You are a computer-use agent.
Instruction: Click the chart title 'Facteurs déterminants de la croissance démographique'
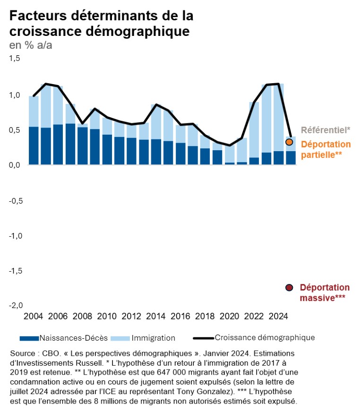pyautogui.click(x=101, y=23)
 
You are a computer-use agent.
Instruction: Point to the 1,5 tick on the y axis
pyautogui.click(x=15, y=59)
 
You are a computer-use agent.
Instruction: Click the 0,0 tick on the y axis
pyautogui.click(x=15, y=164)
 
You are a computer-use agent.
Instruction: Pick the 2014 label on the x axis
pyautogui.click(x=156, y=316)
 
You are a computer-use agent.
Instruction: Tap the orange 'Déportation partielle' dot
pyautogui.click(x=290, y=142)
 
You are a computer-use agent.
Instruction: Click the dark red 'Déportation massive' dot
pyautogui.click(x=290, y=287)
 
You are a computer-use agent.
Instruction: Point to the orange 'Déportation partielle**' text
pyautogui.click(x=326, y=149)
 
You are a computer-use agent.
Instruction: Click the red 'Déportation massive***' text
pyautogui.click(x=325, y=292)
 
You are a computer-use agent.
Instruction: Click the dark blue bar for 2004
pyautogui.click(x=34, y=146)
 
